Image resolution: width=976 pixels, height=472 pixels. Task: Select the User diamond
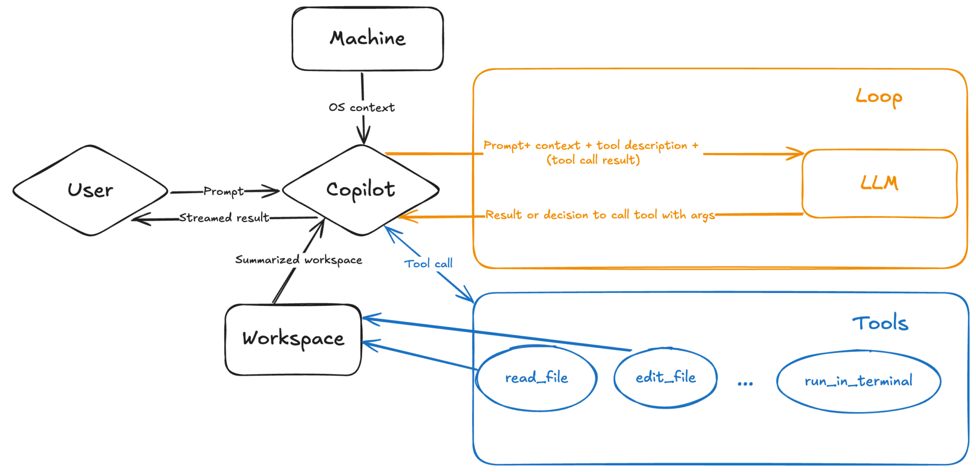point(90,191)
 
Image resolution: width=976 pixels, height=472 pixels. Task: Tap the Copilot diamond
point(361,190)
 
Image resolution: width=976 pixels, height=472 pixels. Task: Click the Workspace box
point(293,339)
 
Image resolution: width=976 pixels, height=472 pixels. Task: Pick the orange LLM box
point(879,183)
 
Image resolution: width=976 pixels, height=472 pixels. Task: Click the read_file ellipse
point(537,378)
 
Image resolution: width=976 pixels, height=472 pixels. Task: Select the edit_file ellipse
point(665,378)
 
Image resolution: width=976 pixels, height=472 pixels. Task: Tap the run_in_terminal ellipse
point(858,382)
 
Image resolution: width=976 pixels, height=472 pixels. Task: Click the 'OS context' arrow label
point(362,108)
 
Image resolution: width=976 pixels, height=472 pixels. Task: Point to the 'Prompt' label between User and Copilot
point(224,191)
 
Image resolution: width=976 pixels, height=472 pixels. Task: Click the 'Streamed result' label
point(224,218)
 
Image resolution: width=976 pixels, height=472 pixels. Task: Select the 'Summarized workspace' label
point(299,260)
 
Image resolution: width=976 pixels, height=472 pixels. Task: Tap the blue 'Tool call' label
point(428,264)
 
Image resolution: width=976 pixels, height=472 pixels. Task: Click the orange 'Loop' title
point(879,97)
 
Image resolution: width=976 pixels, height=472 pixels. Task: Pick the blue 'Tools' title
point(880,323)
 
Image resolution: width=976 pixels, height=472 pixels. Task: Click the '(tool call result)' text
point(593,161)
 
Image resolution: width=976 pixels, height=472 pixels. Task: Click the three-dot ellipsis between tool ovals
point(745,384)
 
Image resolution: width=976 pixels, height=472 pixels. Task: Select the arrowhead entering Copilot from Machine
point(364,137)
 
